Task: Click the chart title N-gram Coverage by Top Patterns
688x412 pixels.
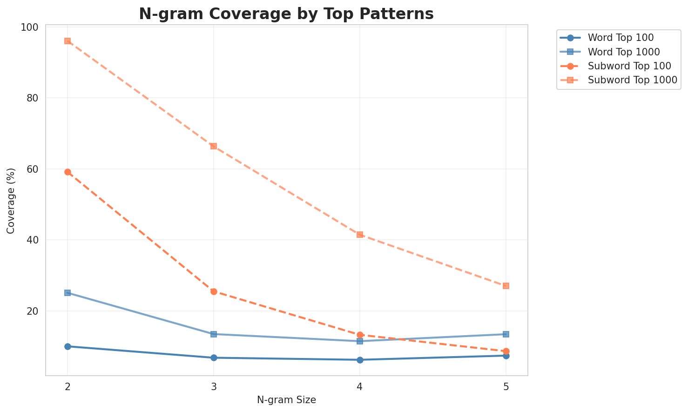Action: (286, 14)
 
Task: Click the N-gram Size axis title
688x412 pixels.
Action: (286, 400)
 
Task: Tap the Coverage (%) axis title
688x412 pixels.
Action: (11, 201)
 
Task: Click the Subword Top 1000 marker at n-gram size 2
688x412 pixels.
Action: (67, 41)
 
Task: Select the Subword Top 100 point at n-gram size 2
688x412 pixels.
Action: (67, 172)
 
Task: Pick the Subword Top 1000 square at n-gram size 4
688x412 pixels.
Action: (360, 235)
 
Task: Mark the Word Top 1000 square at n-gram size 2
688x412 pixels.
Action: (67, 293)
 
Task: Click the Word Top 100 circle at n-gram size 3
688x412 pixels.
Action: (214, 358)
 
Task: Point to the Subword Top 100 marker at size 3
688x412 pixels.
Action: (214, 291)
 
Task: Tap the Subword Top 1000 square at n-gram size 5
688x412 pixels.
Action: (506, 286)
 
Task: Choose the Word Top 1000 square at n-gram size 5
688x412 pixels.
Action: (506, 334)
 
